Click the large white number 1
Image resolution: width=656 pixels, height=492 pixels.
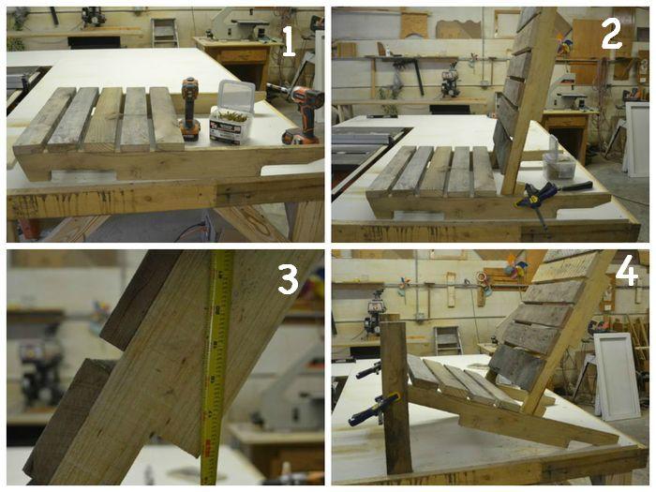pos(289,42)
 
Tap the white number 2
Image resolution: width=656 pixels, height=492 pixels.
pos(612,33)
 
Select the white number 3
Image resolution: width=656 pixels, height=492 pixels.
pos(289,278)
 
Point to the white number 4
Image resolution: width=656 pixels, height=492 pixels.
pos(627,274)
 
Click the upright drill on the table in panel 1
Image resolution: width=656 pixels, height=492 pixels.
pos(189,110)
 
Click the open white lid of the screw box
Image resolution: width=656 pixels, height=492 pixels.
pos(235,95)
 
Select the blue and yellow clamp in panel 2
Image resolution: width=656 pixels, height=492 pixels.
pos(544,200)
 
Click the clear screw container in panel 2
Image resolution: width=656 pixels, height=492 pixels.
pos(559,162)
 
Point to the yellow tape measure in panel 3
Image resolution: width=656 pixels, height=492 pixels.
pos(216,368)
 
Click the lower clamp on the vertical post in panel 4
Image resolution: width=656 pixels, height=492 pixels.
pos(376,409)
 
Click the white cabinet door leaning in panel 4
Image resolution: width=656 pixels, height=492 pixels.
pos(617,376)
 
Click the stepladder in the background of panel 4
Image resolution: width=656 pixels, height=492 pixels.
pos(447,340)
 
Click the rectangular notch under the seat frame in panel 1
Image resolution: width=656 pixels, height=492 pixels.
pos(83,176)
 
